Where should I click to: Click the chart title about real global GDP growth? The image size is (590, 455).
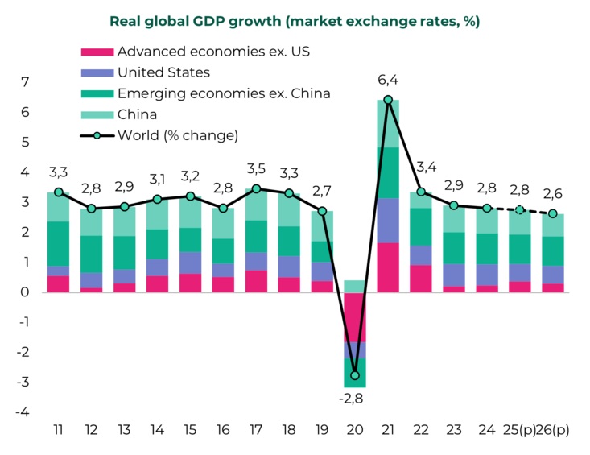click(295, 22)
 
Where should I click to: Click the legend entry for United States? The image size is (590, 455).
click(163, 72)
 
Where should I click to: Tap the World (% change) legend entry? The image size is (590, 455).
click(177, 135)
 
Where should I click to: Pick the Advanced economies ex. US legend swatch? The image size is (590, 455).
click(97, 52)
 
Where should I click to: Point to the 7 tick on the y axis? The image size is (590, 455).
click(25, 82)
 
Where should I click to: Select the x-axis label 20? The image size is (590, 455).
click(354, 430)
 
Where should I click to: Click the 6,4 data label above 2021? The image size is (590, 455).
click(388, 79)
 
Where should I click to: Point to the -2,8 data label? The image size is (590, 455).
click(353, 399)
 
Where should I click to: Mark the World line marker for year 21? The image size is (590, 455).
click(388, 100)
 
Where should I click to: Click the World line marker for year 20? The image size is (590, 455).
click(354, 376)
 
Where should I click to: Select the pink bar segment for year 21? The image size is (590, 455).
click(388, 267)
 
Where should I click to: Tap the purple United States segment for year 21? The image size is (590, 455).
click(388, 220)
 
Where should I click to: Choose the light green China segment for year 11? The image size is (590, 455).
click(59, 207)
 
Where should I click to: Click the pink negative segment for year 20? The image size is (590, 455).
click(354, 316)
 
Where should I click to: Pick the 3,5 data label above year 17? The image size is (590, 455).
click(256, 168)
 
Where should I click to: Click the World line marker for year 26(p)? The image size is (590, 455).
click(552, 213)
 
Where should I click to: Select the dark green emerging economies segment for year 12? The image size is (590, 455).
click(92, 254)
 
